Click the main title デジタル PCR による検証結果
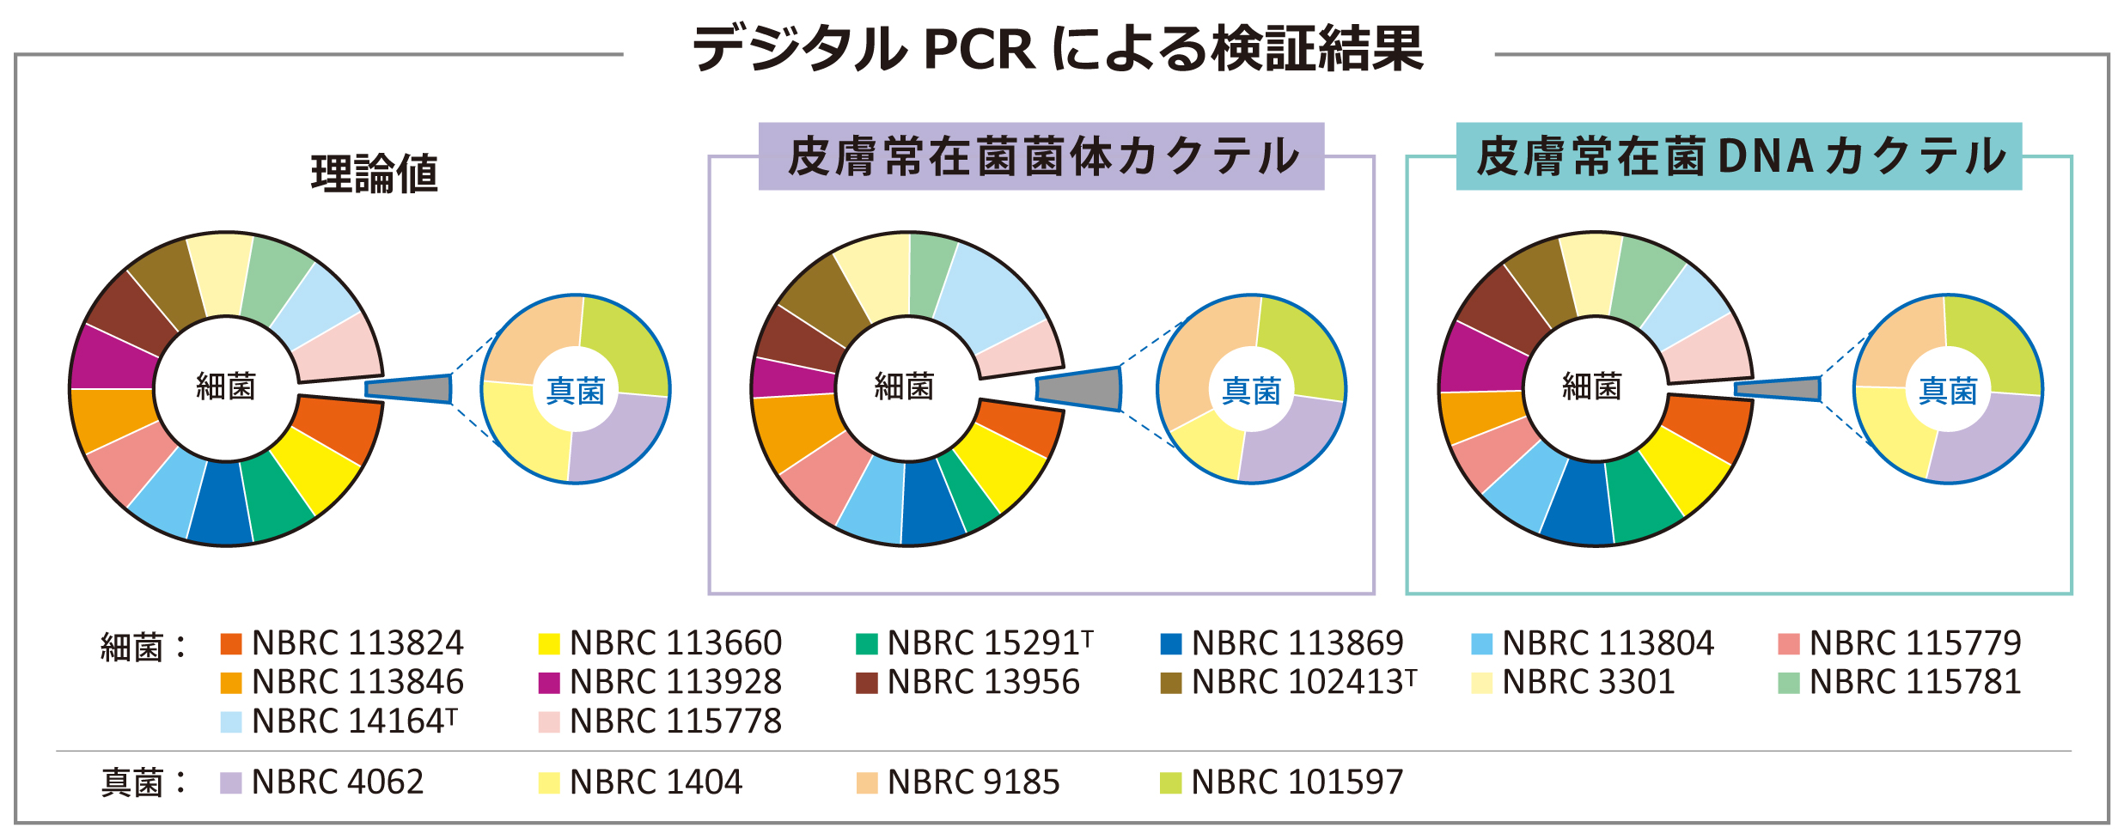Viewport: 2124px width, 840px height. pyautogui.click(x=1058, y=49)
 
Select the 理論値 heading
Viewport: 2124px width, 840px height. pyautogui.click(x=375, y=173)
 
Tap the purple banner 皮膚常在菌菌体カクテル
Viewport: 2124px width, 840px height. pyautogui.click(x=1041, y=157)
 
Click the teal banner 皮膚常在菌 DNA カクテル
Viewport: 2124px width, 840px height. pyautogui.click(x=1739, y=157)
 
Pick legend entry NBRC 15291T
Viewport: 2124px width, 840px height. pyautogui.click(x=975, y=643)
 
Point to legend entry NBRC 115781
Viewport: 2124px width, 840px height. pyautogui.click(x=1901, y=682)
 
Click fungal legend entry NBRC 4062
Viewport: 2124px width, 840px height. pyautogui.click(x=323, y=782)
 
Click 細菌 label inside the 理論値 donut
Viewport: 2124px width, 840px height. pyautogui.click(x=226, y=387)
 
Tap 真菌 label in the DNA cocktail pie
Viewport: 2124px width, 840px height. pyautogui.click(x=1948, y=392)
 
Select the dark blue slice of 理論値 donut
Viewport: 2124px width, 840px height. pyautogui.click(x=220, y=505)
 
